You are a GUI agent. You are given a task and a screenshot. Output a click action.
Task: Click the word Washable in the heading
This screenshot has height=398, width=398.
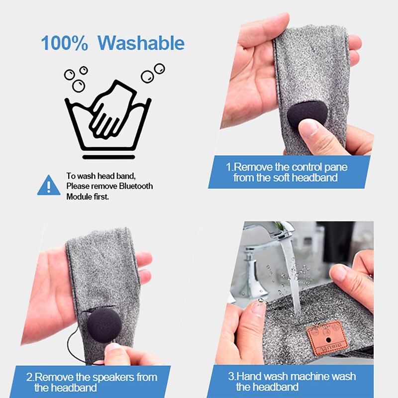coord(141,43)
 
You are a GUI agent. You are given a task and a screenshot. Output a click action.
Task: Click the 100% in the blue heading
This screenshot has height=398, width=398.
coord(65,43)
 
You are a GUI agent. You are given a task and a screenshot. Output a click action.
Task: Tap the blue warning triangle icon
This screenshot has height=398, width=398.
coord(49,185)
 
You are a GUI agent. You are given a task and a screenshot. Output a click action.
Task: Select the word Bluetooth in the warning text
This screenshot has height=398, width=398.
coord(136,186)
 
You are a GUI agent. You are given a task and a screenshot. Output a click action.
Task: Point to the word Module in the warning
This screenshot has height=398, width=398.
coord(78,197)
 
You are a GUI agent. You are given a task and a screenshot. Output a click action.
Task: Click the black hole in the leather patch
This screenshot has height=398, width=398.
coord(328,340)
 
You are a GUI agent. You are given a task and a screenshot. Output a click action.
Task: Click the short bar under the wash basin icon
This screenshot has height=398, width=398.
coord(108,157)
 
